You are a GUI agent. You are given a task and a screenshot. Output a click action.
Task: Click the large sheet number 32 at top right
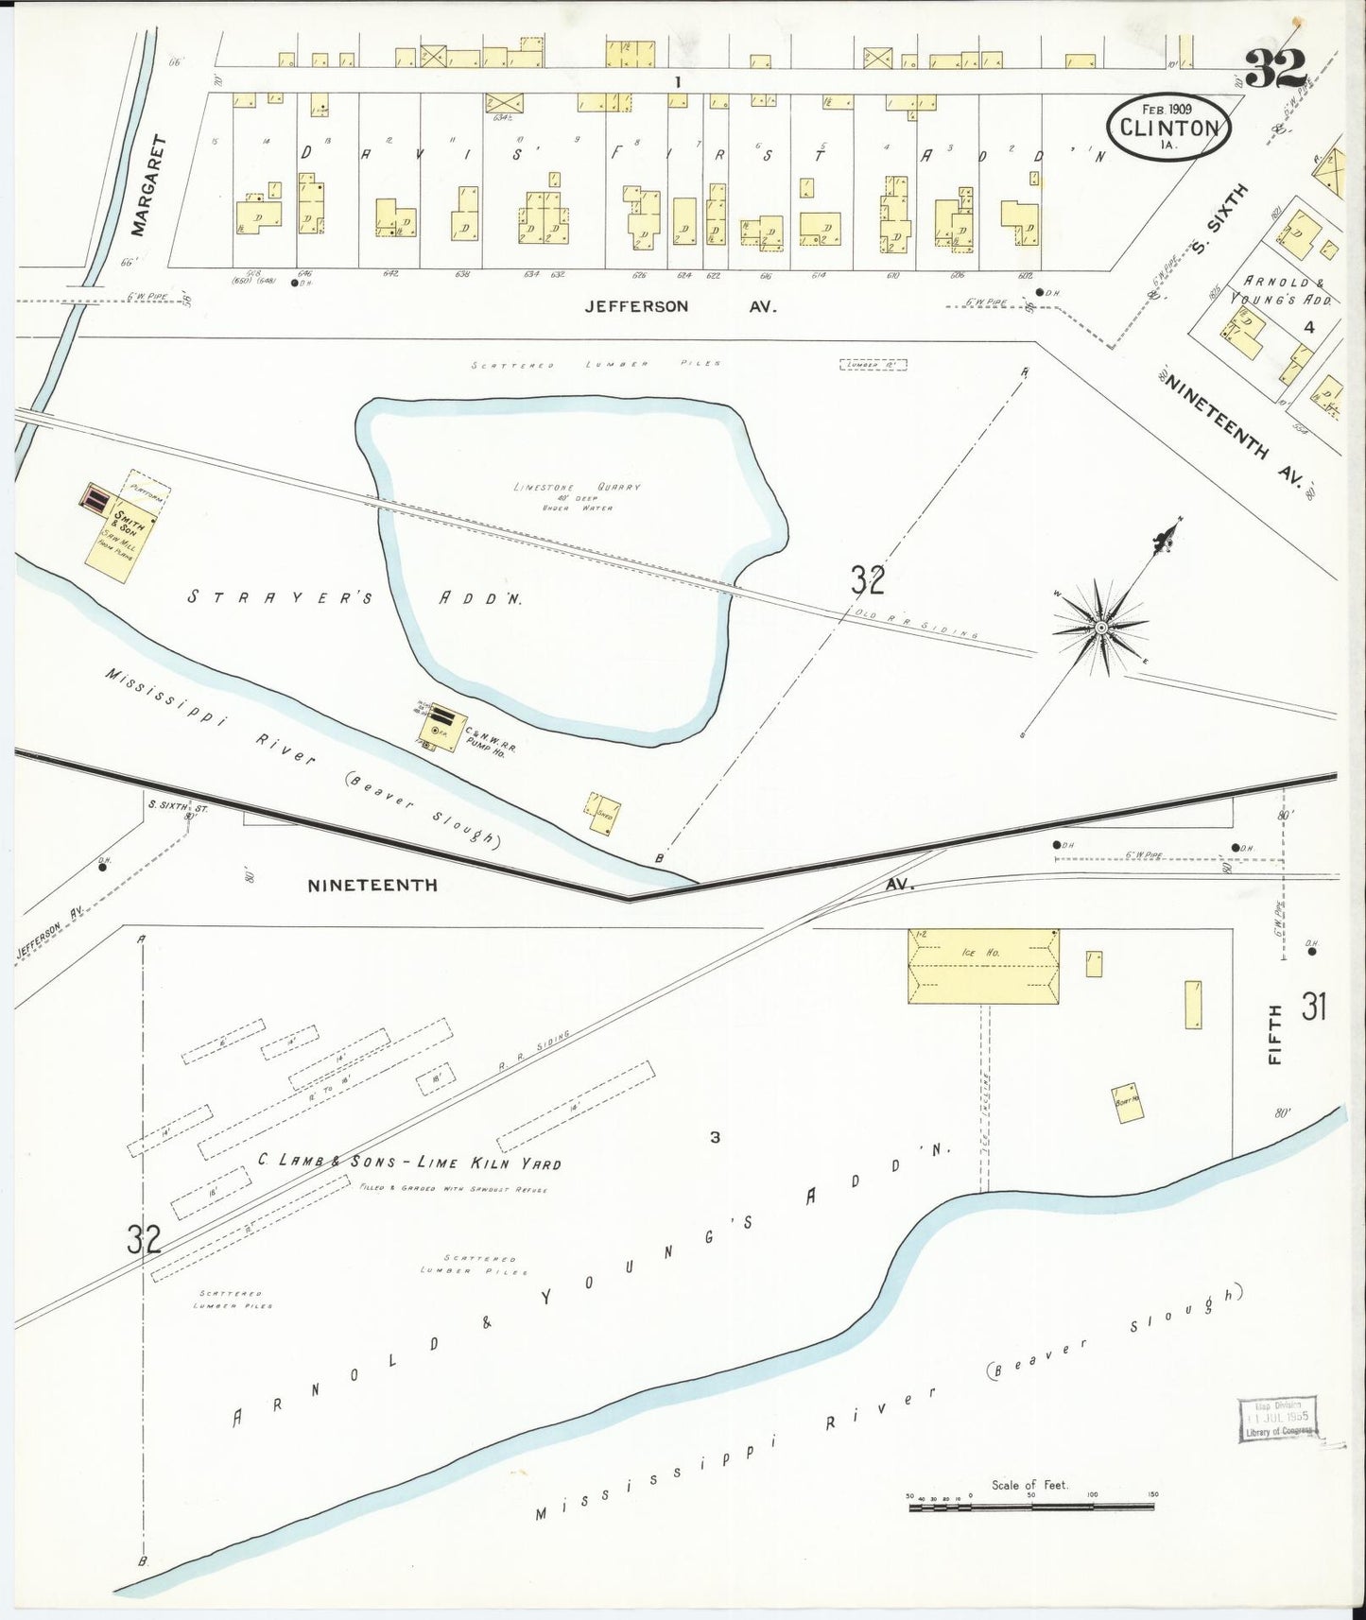(1275, 67)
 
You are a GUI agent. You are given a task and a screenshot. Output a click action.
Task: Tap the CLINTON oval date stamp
(1170, 127)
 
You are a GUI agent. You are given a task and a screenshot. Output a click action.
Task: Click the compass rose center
(1101, 627)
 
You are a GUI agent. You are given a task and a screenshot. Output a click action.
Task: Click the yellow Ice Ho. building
(983, 966)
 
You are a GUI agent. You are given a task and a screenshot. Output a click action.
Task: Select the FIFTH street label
(1275, 1035)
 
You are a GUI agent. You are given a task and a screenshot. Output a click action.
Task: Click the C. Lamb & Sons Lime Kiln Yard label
(409, 1163)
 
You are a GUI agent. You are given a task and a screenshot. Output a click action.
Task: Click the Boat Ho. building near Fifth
(1128, 1102)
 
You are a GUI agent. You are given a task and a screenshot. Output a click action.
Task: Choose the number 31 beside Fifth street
(1313, 1008)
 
